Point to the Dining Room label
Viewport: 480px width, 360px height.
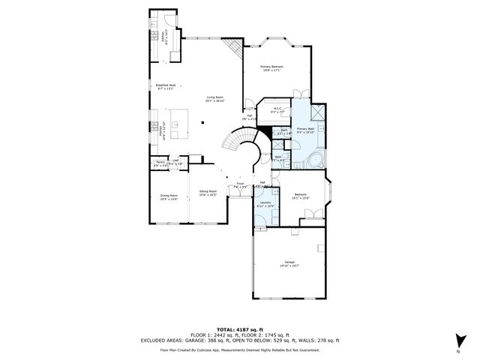tap(169, 196)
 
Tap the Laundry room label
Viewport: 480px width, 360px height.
tap(265, 203)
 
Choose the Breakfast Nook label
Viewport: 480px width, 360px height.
tap(166, 86)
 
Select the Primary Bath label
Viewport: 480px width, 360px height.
tap(305, 130)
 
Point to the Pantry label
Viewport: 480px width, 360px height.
tap(160, 162)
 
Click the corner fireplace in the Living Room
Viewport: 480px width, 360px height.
tap(235, 49)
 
